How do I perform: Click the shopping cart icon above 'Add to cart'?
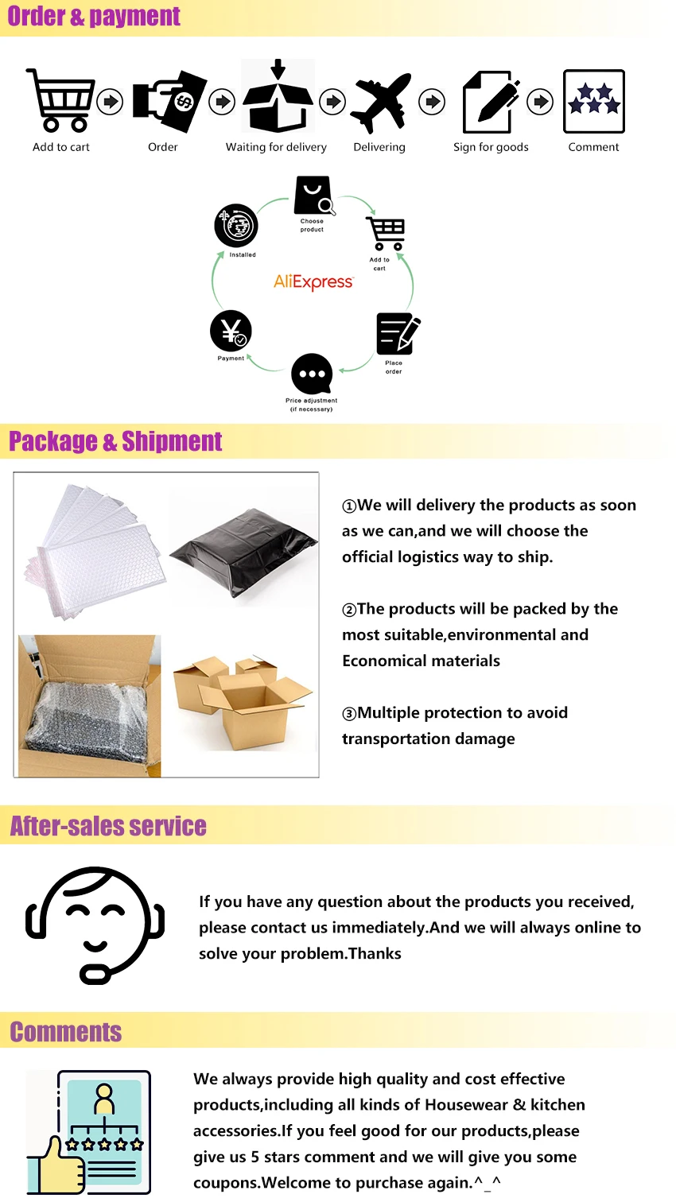tap(61, 100)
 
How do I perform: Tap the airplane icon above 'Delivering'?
tap(381, 102)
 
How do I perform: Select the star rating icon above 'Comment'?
tap(593, 101)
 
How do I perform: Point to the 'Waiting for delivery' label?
tap(276, 147)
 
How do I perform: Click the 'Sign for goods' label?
tap(491, 147)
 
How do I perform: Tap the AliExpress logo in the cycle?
tap(313, 282)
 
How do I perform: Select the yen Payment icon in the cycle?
tap(231, 331)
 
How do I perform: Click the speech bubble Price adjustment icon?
tap(312, 374)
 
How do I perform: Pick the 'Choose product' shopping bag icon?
tap(313, 196)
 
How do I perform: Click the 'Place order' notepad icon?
tap(396, 334)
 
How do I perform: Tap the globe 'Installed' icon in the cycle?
tap(236, 226)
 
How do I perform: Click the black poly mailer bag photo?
tap(243, 549)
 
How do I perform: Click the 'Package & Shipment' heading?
tap(115, 441)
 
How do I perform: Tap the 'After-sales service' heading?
tap(108, 827)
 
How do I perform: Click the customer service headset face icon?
tap(95, 924)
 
